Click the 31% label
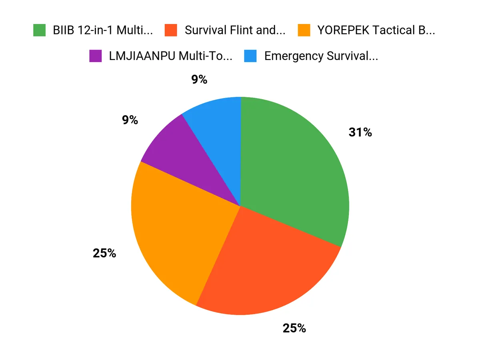point(360,132)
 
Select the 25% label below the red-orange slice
point(294,328)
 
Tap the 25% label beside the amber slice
point(104,253)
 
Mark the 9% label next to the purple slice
point(130,120)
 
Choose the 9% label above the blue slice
point(199,80)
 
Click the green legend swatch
point(39,30)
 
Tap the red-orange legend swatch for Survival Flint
point(171,30)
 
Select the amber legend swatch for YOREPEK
point(304,30)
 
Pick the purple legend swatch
point(96,56)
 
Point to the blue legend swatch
point(250,56)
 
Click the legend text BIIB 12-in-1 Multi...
point(102,30)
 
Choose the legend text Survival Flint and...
point(235,30)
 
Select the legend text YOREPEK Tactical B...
point(376,30)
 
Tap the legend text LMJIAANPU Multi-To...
point(170,56)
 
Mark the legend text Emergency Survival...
point(321,56)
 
